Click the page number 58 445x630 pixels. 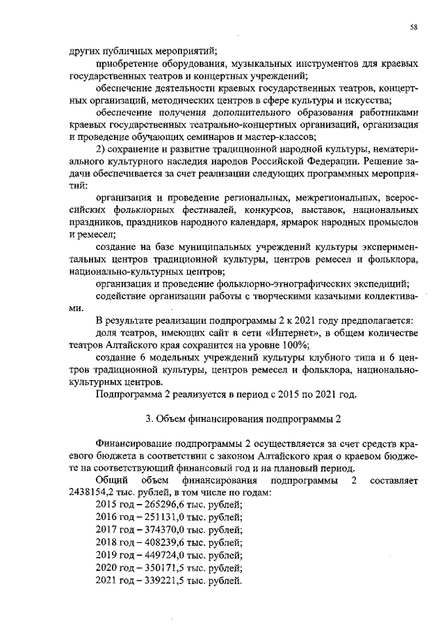click(x=413, y=27)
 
